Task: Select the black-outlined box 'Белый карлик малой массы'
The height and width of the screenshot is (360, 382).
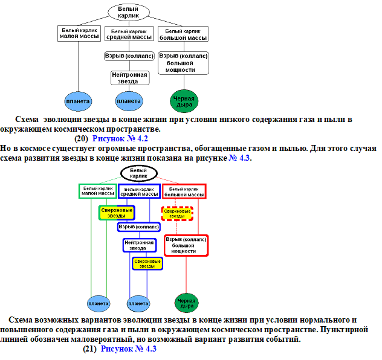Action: click(x=78, y=34)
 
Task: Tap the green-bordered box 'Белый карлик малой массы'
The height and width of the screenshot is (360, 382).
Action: click(x=98, y=191)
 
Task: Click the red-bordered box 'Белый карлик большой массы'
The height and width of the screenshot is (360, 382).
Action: click(x=184, y=191)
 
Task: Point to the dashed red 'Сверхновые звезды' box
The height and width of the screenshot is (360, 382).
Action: click(x=177, y=213)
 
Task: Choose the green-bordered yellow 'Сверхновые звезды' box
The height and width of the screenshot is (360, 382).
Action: click(x=117, y=213)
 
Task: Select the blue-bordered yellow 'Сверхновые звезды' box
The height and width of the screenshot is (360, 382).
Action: click(x=147, y=263)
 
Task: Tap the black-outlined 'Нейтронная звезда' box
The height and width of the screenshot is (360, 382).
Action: click(x=129, y=78)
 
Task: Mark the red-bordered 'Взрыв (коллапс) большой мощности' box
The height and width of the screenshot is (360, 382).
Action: click(x=186, y=245)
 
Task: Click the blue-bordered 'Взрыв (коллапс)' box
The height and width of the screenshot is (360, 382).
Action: click(x=139, y=227)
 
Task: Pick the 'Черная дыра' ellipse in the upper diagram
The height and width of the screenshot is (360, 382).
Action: click(x=184, y=100)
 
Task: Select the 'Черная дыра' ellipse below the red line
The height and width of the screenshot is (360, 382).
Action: click(x=186, y=302)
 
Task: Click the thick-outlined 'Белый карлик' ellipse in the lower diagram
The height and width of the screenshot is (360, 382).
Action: click(x=138, y=173)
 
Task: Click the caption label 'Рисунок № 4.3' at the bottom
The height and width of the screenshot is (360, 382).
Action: click(x=128, y=349)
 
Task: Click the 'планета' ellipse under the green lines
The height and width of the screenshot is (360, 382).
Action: click(x=98, y=302)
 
